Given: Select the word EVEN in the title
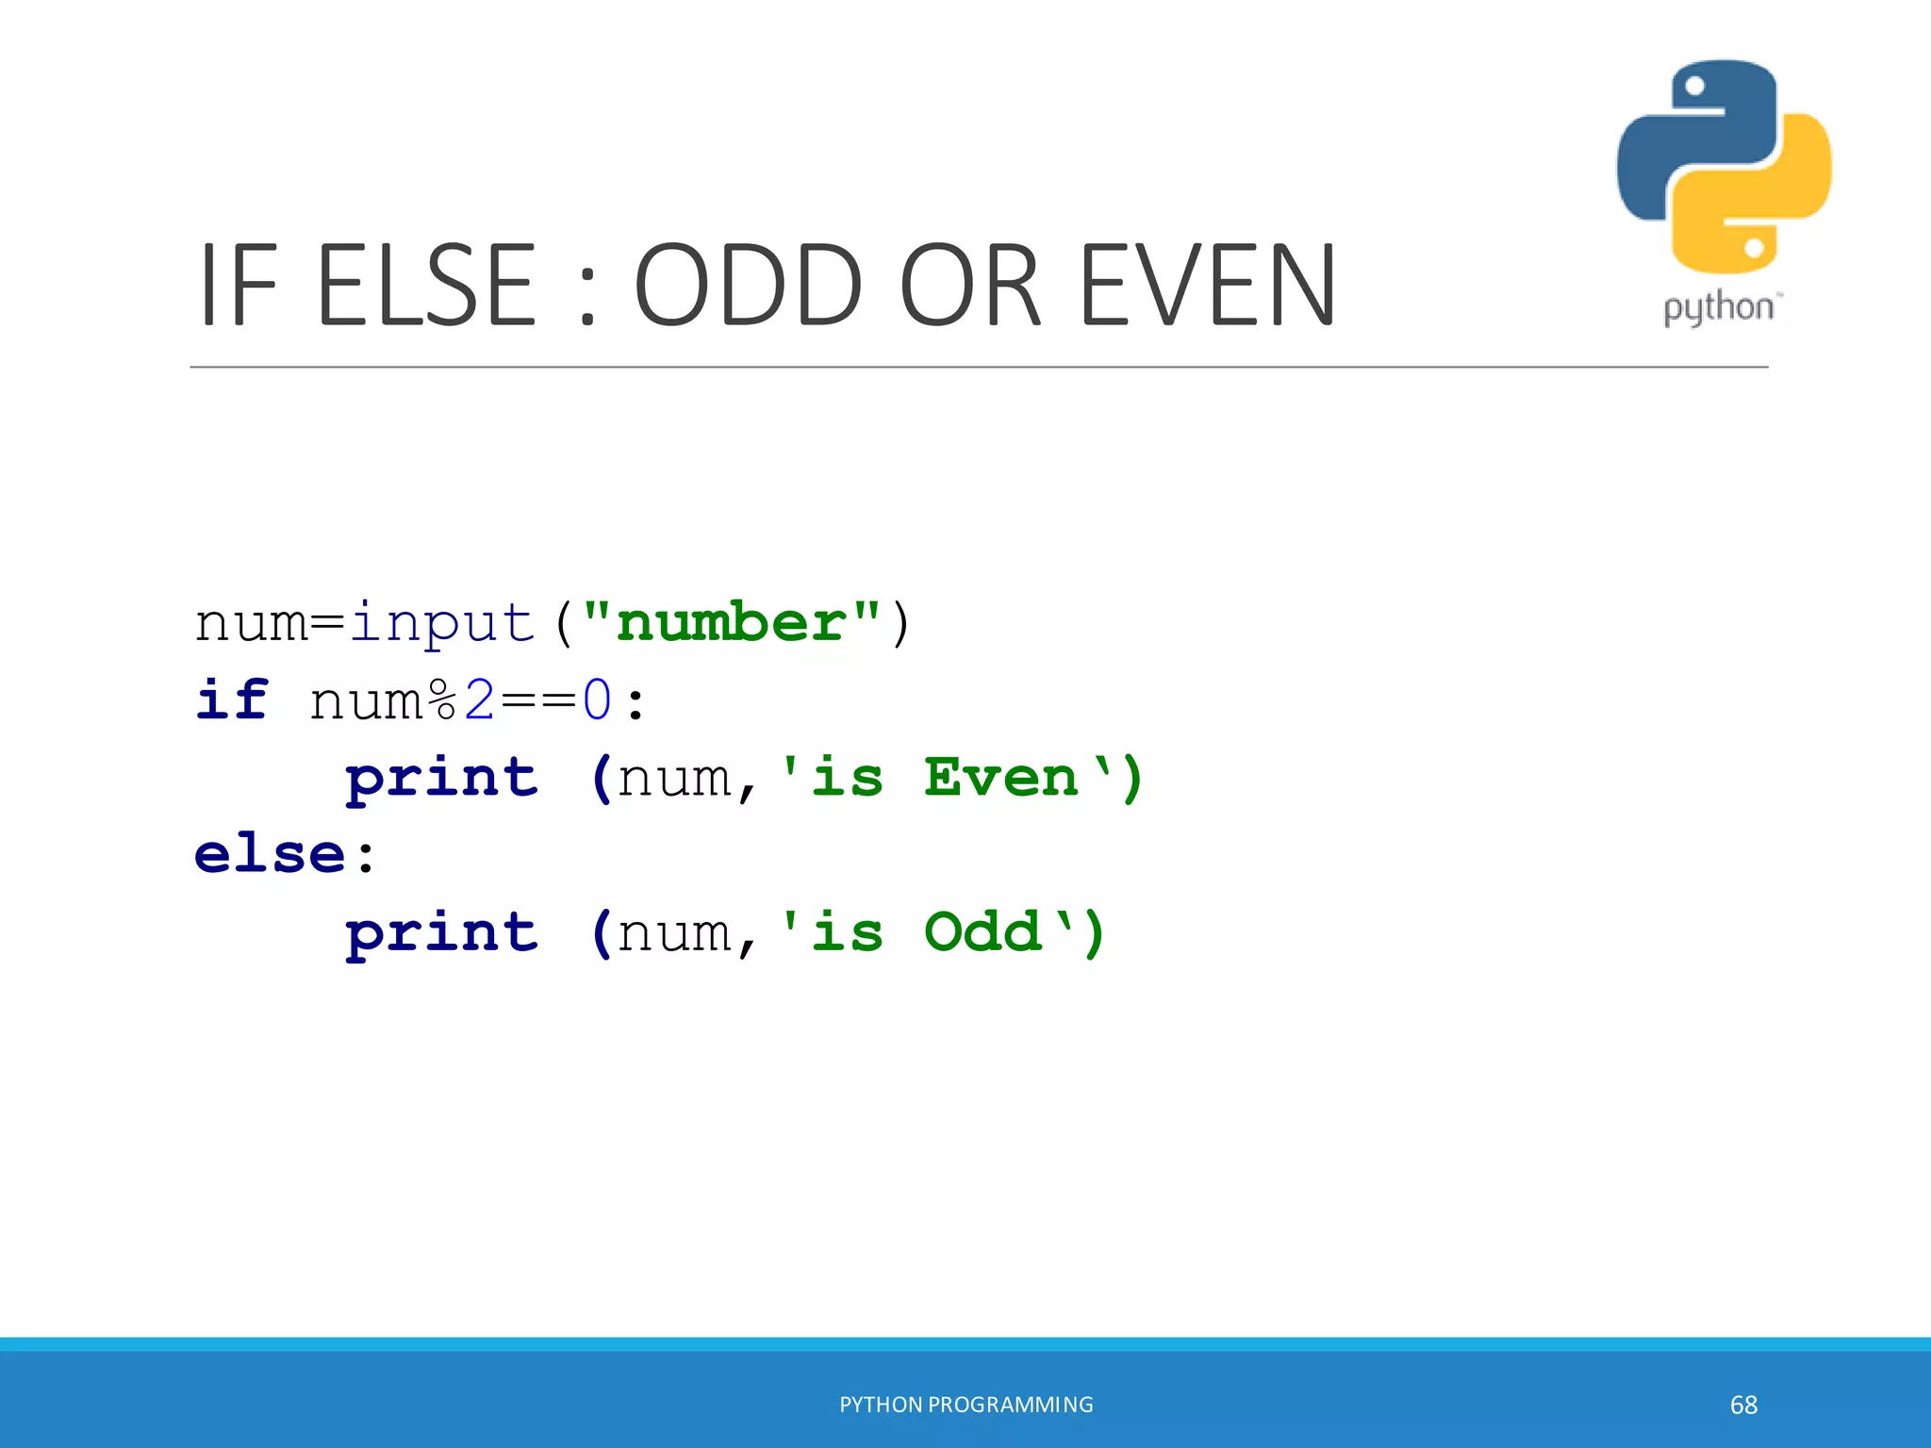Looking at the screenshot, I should (1206, 285).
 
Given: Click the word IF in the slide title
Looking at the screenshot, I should (239, 285).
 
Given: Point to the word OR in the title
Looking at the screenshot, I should (971, 285).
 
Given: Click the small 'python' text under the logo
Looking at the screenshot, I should (1718, 308).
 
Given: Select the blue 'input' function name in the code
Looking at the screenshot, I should (442, 623).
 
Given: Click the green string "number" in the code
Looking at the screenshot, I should (732, 623).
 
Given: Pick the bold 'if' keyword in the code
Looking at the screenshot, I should (232, 700).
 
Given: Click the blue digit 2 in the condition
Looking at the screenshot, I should (480, 700).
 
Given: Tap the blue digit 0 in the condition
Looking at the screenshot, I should (597, 700).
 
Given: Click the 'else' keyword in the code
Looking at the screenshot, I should (270, 854).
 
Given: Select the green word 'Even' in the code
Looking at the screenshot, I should (1000, 778).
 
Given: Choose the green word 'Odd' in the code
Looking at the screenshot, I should (982, 932).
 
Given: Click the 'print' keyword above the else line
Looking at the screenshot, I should (441, 780).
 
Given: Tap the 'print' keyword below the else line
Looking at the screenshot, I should (441, 934).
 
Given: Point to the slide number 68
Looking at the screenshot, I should (1743, 1405).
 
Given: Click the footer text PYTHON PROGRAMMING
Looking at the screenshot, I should (966, 1405).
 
